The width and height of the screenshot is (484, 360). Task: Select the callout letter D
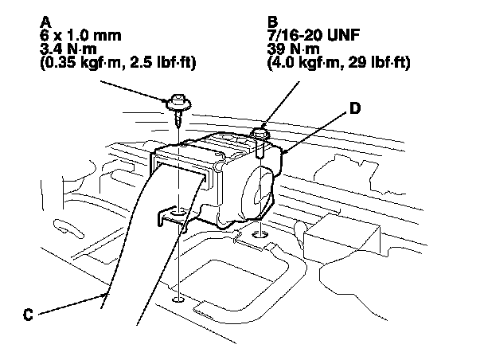[x=356, y=105]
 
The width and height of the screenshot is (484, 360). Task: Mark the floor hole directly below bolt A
[x=178, y=299]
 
